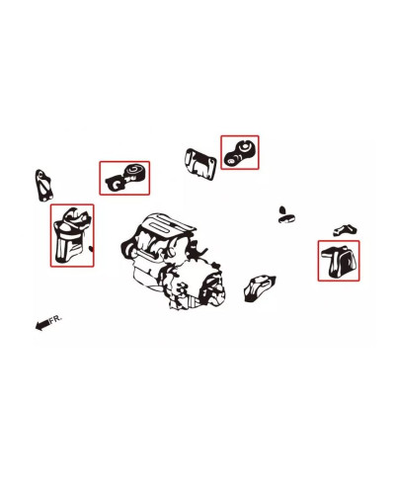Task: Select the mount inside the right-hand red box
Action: tap(339, 261)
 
